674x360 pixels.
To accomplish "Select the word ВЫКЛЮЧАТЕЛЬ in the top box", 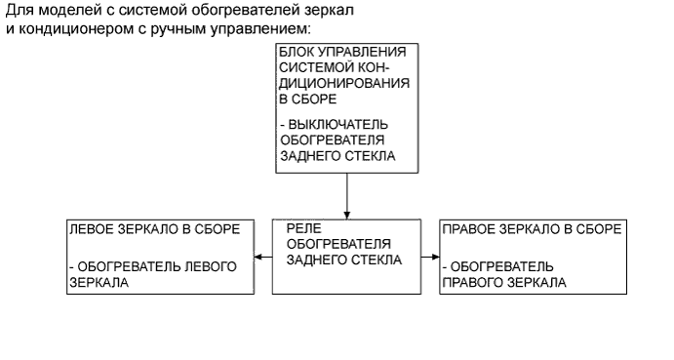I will [x=338, y=126].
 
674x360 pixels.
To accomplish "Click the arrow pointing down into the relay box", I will [x=346, y=212].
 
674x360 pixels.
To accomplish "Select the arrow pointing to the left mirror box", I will [x=258, y=258].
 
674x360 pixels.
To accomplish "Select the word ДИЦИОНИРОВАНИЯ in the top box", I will [x=342, y=84].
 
